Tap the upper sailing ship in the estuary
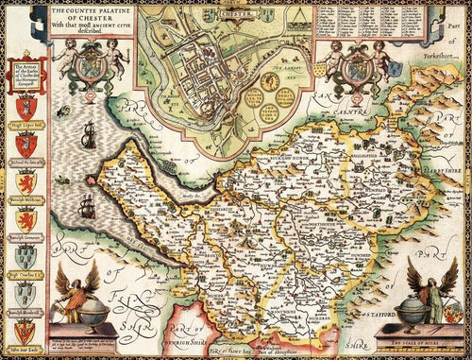(88, 141)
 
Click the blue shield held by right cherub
(359, 69)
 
